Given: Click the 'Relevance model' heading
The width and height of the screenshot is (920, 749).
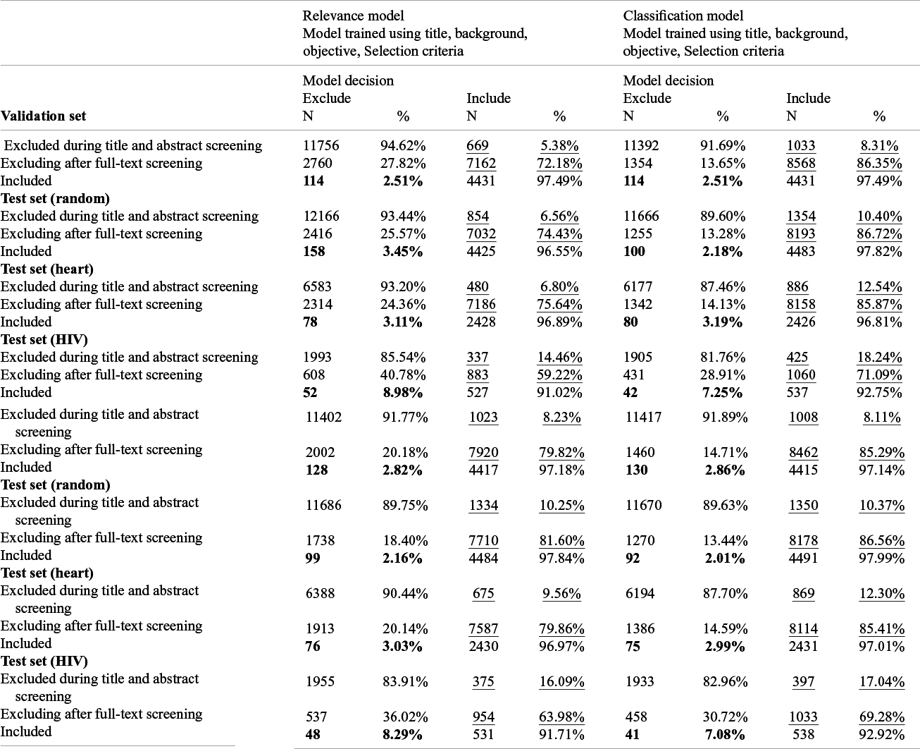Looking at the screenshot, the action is coord(353,16).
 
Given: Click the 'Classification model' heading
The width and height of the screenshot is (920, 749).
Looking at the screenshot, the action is coord(683,16).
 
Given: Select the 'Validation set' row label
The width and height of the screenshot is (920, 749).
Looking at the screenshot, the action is coord(43,116).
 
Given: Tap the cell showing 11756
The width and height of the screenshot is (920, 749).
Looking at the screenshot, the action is coord(321,145).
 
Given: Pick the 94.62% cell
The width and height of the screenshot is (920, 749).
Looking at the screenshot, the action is coord(403,145).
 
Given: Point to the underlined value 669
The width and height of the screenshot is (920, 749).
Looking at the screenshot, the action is coord(478,145).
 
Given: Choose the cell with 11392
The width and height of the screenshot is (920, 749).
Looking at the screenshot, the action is coord(641,145).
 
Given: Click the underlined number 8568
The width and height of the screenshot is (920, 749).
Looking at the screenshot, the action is coord(801,163).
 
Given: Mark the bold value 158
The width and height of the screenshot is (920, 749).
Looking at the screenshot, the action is coord(313,251).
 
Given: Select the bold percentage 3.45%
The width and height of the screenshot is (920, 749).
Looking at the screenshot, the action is coord(402,251).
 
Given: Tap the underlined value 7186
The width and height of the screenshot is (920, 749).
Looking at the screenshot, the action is coord(481,304).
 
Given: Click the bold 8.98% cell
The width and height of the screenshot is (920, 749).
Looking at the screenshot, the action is coord(402,392).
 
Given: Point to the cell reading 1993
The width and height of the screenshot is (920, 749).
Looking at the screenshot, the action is coord(317,357).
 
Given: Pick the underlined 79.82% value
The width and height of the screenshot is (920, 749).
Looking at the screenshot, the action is coord(561,452).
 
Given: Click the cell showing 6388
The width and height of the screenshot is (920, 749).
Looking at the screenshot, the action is coord(320,593).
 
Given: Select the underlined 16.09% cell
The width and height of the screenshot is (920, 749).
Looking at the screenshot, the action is coord(561,681).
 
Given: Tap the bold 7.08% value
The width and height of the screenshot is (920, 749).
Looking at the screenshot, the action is coord(725,734).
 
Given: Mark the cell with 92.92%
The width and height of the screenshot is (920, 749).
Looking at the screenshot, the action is coord(881,734).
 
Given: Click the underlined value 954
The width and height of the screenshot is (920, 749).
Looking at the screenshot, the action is coord(483,717).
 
